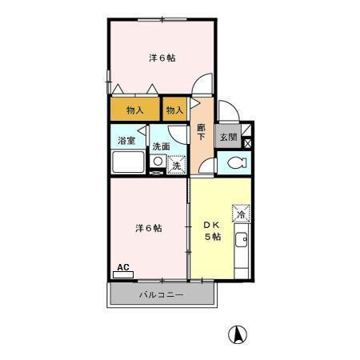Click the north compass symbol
click(238, 334)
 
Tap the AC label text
click(123, 267)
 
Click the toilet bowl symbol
click(235, 163)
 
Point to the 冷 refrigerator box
click(240, 214)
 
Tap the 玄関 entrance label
click(229, 137)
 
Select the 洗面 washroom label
click(161, 146)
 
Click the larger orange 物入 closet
click(135, 110)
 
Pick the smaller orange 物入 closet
click(175, 110)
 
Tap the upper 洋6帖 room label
click(162, 58)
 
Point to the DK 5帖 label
click(211, 230)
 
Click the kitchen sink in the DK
click(242, 240)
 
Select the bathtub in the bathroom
click(128, 163)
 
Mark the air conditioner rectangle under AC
click(123, 274)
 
